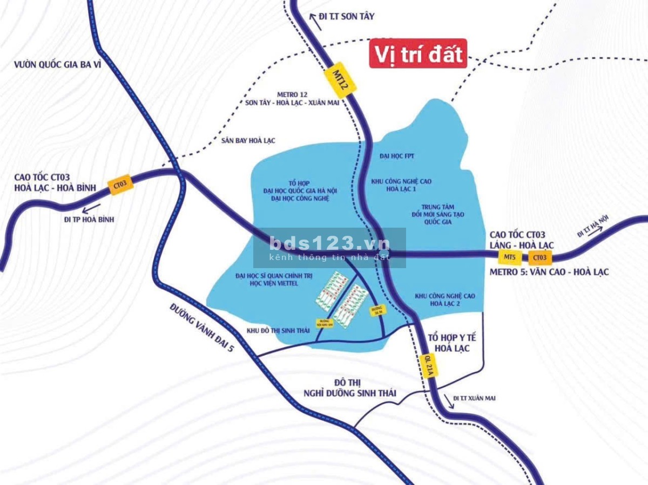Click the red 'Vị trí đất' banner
418,54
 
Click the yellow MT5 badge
510,257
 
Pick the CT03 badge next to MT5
540,257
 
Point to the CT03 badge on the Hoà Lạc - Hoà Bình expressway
120,185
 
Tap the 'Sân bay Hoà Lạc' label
248,141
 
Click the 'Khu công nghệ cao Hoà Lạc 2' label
445,299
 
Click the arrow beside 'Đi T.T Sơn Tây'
312,17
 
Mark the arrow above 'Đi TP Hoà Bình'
91,208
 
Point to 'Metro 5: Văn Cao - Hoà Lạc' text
549,272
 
